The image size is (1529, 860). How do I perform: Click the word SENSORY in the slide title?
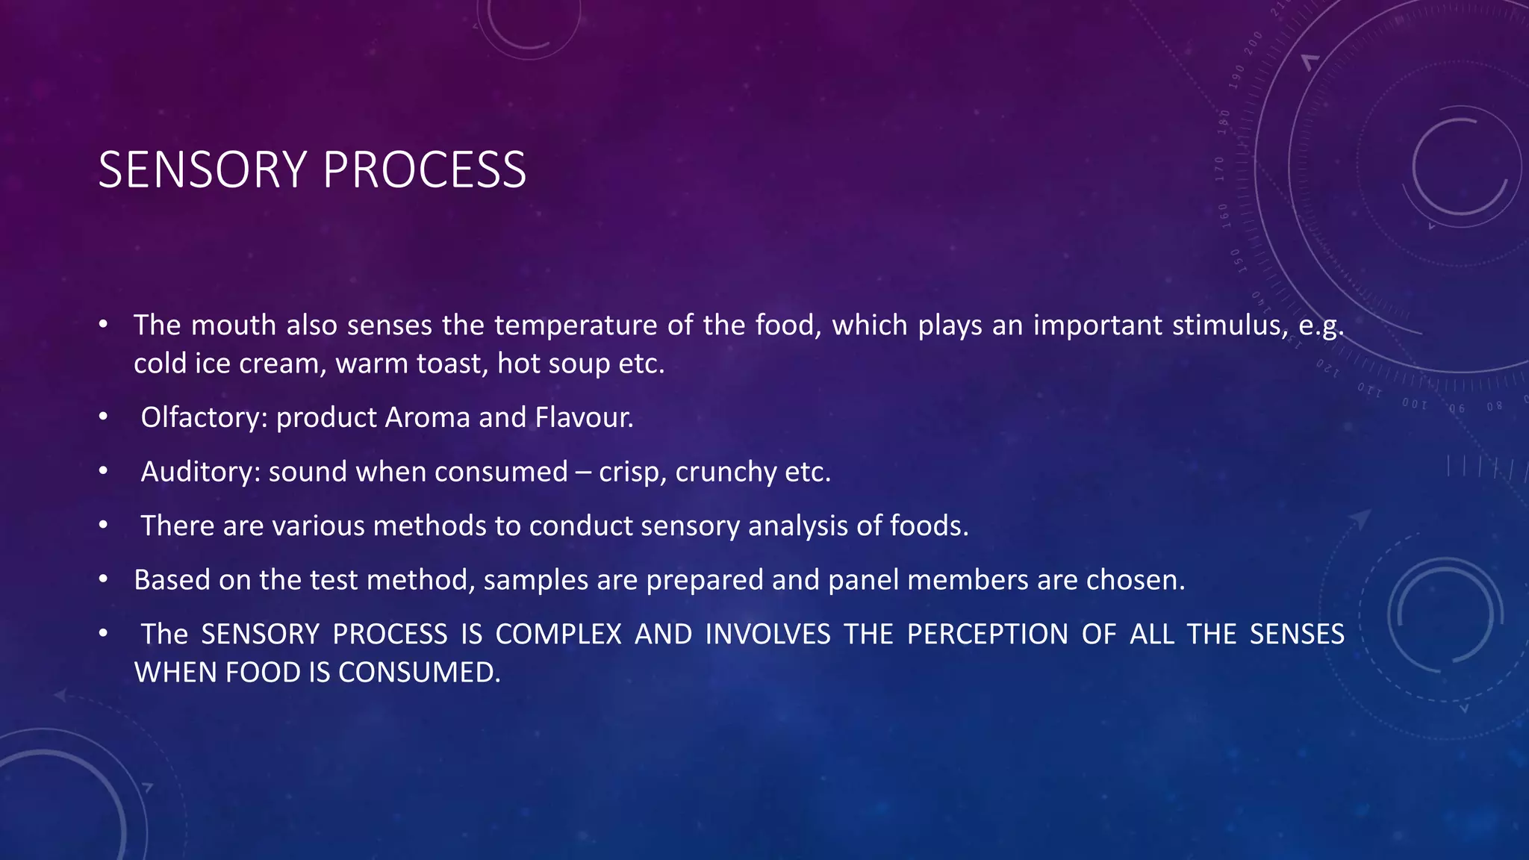(202, 170)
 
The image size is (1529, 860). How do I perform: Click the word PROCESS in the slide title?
(425, 170)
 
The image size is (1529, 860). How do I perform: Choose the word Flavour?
(584, 417)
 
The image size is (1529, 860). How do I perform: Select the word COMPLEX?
(558, 635)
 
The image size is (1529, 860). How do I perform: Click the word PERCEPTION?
(988, 635)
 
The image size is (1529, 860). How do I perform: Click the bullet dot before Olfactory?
(103, 417)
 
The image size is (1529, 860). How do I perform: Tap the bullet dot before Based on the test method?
(103, 580)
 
